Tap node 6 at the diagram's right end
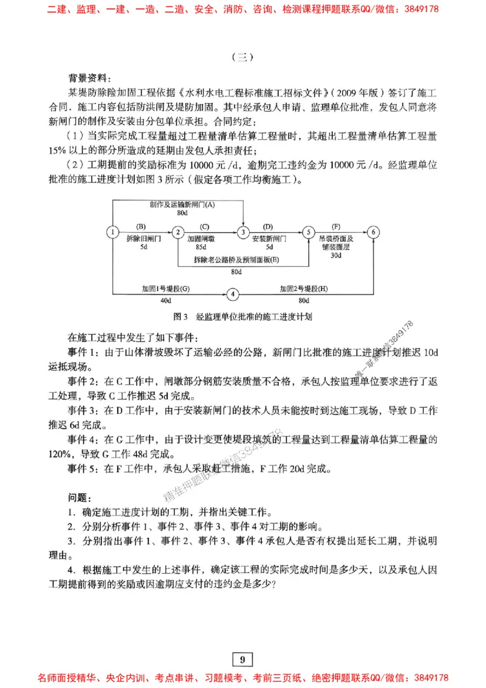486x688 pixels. tap(374, 231)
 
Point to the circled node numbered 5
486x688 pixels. tap(309, 231)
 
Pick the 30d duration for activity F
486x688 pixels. tap(335, 255)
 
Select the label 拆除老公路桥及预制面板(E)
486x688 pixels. tap(236, 260)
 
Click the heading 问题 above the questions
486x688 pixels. tap(80, 498)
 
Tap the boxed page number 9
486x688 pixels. tap(242, 659)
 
